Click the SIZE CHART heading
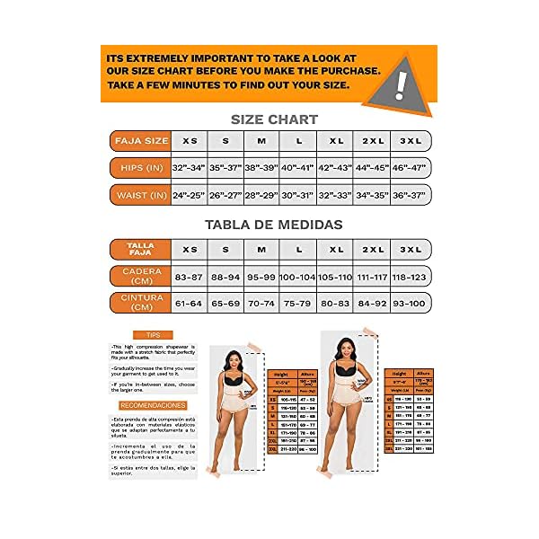[x=270, y=119]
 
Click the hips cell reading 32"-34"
[x=189, y=168]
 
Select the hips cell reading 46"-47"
[x=411, y=168]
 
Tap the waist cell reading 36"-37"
[x=411, y=195]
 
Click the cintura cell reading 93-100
[x=411, y=303]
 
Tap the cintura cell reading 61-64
[x=189, y=303]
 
